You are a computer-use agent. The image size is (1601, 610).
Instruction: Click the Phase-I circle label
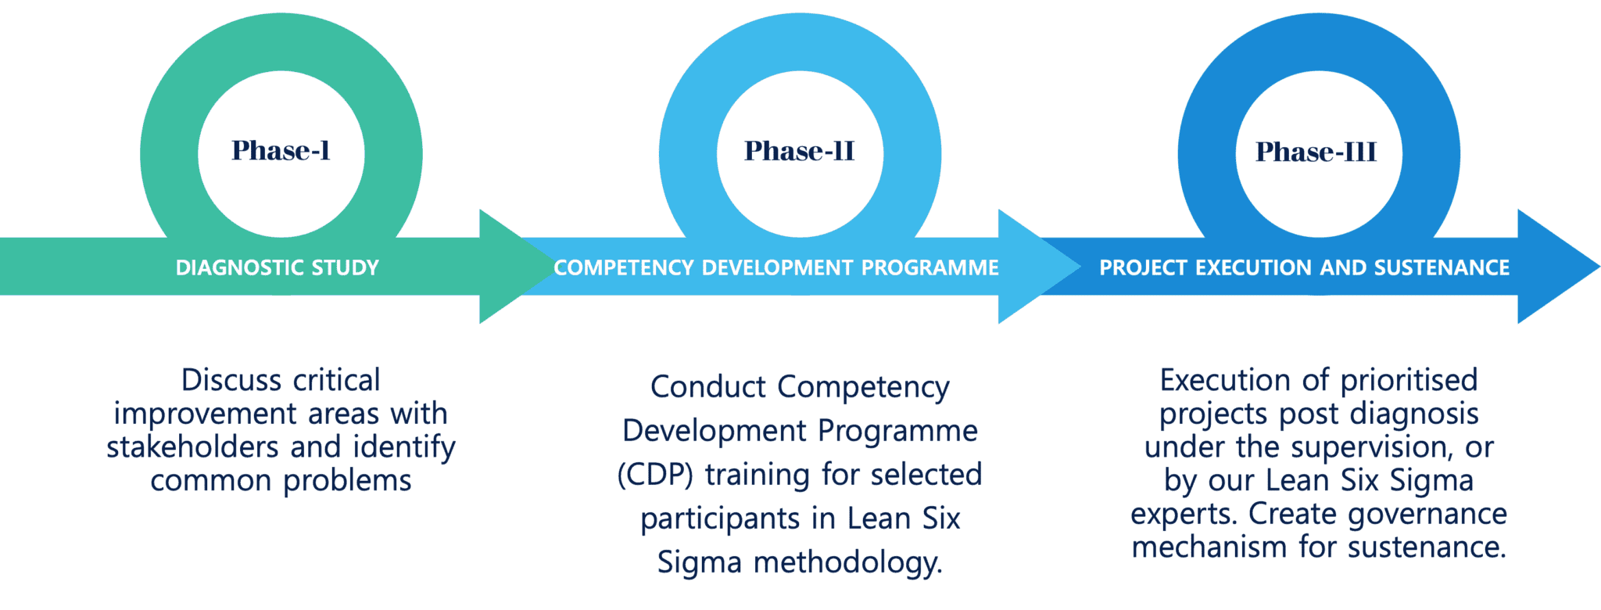(x=281, y=150)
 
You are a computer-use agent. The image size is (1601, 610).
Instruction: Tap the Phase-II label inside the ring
(x=799, y=151)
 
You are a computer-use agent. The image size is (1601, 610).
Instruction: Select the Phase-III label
(x=1316, y=152)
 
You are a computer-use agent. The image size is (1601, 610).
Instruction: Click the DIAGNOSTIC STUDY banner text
(x=278, y=267)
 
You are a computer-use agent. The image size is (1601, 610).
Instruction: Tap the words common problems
(x=281, y=480)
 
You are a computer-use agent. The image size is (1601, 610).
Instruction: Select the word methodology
(x=847, y=563)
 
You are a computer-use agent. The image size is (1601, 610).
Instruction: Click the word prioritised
(x=1409, y=380)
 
